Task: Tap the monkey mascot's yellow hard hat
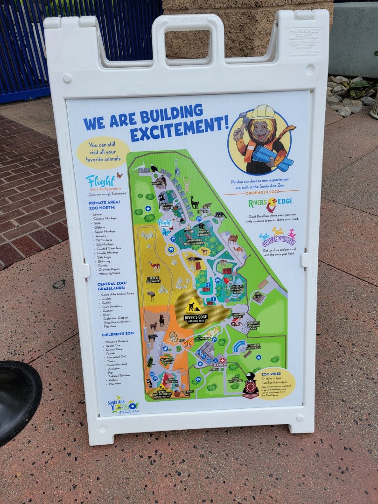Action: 263,112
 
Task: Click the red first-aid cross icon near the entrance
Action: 222,360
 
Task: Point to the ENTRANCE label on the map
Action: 214,369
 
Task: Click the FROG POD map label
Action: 203,211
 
